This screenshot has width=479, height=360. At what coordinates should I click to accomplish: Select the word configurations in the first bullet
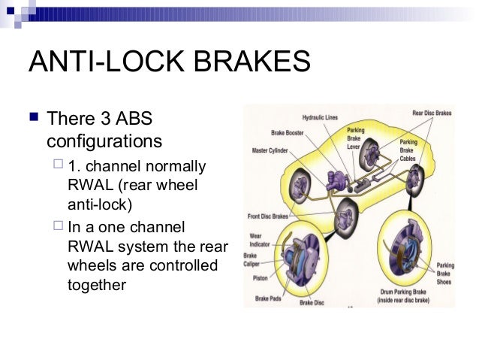pyautogui.click(x=104, y=141)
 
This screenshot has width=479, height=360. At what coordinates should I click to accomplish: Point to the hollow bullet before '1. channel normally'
pyautogui.click(x=59, y=165)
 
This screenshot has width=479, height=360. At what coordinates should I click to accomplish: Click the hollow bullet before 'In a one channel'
pyautogui.click(x=59, y=226)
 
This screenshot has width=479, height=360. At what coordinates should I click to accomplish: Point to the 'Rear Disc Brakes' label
pyautogui.click(x=432, y=113)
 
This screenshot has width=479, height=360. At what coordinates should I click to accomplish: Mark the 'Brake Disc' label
pyautogui.click(x=312, y=302)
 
